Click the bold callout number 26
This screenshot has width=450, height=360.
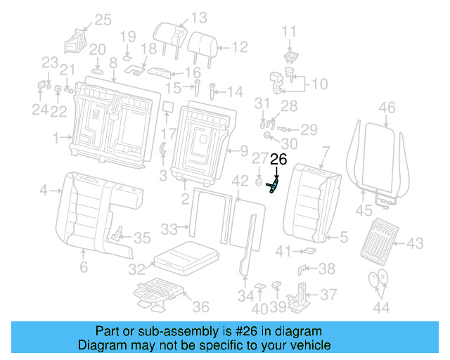point(278,160)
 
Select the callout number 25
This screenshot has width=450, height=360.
point(103,20)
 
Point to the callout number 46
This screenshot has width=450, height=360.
point(387,108)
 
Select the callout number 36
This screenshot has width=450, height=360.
point(201,306)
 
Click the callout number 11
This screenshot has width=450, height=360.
point(290,31)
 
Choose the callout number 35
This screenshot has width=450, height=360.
point(142,238)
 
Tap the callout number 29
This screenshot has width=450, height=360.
point(309,129)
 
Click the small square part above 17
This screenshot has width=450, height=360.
point(169,108)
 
